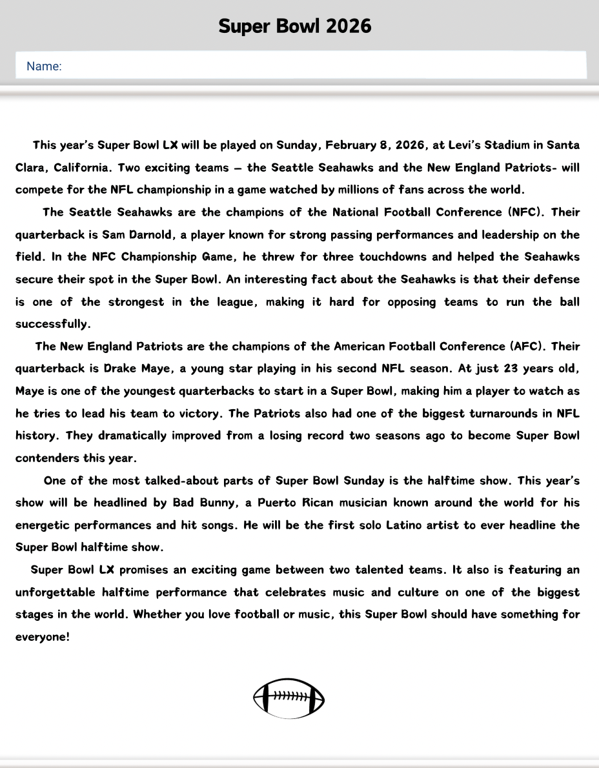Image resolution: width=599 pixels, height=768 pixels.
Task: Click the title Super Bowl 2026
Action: pyautogui.click(x=295, y=26)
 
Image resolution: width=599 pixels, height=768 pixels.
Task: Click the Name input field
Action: pyautogui.click(x=301, y=66)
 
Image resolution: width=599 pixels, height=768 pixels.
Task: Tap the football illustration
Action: pyautogui.click(x=289, y=698)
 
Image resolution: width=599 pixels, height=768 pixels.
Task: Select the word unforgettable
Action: pyautogui.click(x=56, y=592)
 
